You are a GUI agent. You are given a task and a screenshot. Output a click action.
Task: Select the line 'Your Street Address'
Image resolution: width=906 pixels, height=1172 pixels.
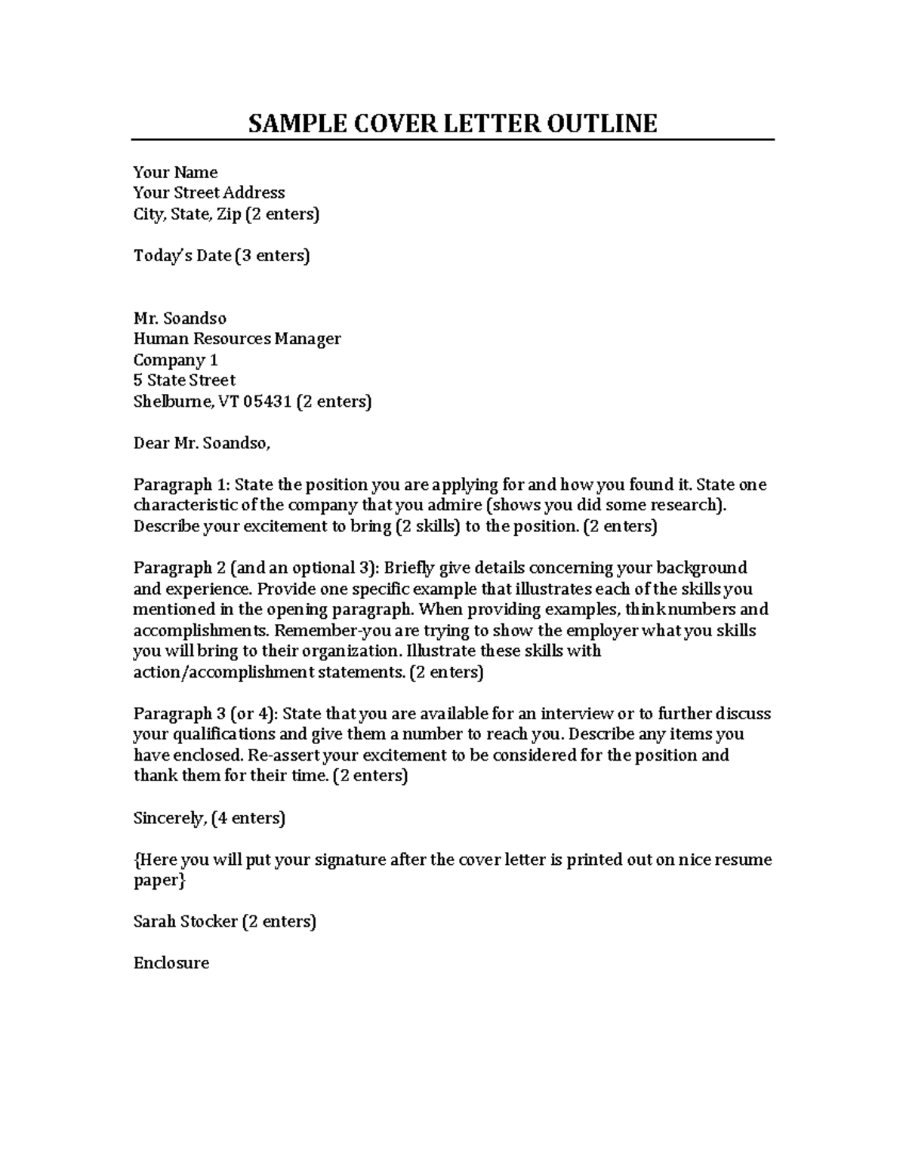click(x=209, y=192)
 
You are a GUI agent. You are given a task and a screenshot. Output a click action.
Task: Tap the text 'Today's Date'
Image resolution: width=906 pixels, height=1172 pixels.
click(x=182, y=256)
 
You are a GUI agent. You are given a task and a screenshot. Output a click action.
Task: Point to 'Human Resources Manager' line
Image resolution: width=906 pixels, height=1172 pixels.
click(x=237, y=339)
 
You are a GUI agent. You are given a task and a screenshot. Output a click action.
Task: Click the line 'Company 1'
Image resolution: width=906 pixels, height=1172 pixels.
click(x=175, y=360)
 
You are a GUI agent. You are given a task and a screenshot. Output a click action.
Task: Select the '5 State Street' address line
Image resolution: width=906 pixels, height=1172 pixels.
click(x=184, y=380)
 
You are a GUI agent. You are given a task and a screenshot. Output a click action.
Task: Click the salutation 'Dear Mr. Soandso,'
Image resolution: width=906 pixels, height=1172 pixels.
click(x=202, y=443)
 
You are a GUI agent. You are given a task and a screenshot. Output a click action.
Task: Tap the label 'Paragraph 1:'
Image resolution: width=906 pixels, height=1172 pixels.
click(x=182, y=484)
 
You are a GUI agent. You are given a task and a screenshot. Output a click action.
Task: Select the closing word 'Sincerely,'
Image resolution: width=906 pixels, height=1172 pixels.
click(x=170, y=818)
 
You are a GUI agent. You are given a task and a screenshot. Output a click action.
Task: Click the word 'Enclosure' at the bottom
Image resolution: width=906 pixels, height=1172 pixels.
click(x=171, y=963)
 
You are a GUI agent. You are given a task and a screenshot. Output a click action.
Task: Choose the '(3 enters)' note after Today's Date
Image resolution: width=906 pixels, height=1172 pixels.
click(x=273, y=256)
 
